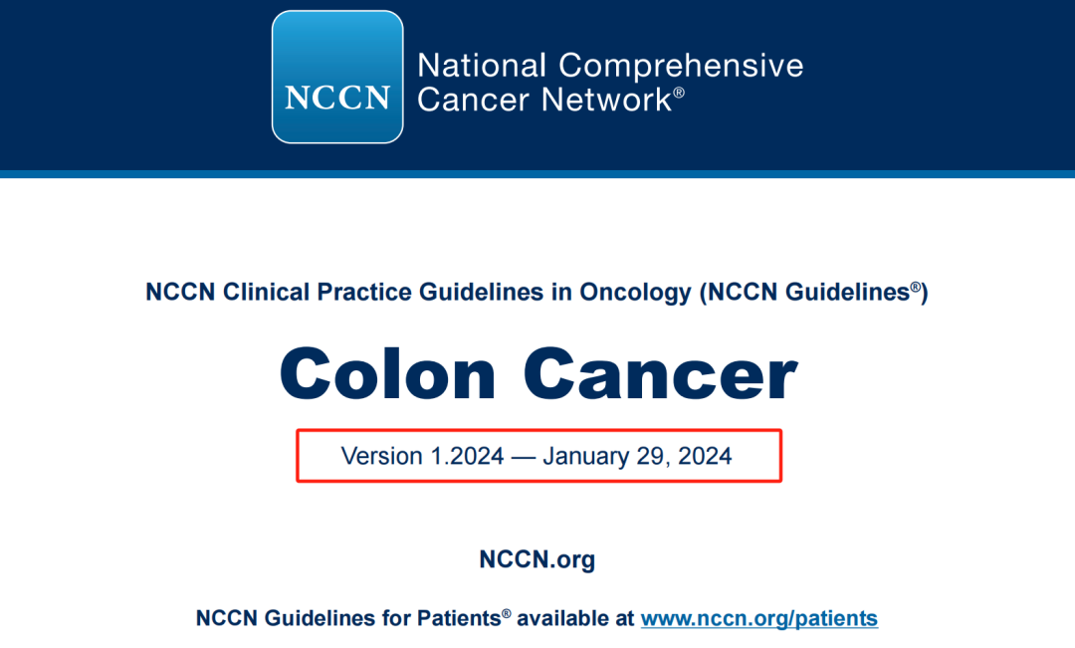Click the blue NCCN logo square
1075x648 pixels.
337,77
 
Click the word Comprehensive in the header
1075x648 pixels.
681,66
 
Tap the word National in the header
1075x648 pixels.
482,66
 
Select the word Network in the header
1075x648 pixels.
606,100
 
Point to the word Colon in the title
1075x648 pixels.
387,374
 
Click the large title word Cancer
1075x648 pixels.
660,374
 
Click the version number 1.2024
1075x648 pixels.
467,456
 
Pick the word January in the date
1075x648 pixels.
587,456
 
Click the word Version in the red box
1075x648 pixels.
381,456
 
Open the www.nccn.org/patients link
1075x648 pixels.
758,618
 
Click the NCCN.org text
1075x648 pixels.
537,559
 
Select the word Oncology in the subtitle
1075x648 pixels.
635,292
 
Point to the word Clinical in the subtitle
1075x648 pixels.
266,292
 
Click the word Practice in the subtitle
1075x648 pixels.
364,292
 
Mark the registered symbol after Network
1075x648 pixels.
679,93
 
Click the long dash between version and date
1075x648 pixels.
524,457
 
